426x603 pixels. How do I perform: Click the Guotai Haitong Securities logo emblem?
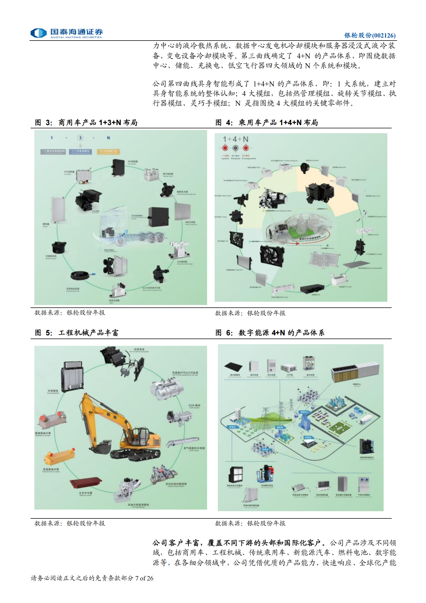click(39, 33)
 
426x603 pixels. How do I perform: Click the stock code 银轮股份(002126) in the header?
click(370, 35)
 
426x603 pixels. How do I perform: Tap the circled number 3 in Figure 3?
click(80, 138)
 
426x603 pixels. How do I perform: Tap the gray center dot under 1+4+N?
click(235, 148)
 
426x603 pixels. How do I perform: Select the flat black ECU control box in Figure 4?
click(312, 289)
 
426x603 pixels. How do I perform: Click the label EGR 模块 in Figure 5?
click(194, 405)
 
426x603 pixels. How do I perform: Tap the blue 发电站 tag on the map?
click(232, 427)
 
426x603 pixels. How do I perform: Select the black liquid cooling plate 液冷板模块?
click(233, 367)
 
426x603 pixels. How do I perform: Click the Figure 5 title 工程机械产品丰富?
click(88, 333)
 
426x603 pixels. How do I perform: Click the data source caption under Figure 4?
click(250, 313)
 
